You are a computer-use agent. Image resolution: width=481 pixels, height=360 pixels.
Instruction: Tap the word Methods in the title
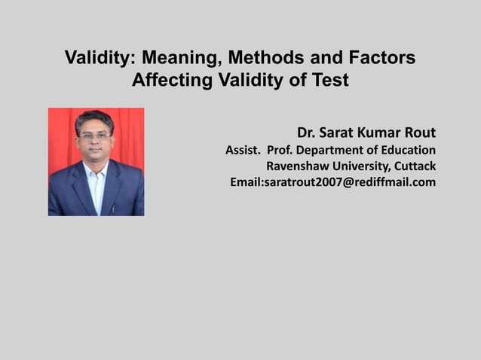[x=265, y=58]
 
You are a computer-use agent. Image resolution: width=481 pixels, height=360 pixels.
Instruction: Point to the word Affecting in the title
[x=168, y=80]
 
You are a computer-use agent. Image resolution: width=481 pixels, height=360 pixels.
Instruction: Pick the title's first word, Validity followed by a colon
[x=100, y=58]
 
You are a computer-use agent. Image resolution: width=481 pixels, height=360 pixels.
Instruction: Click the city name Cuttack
[x=414, y=166]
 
